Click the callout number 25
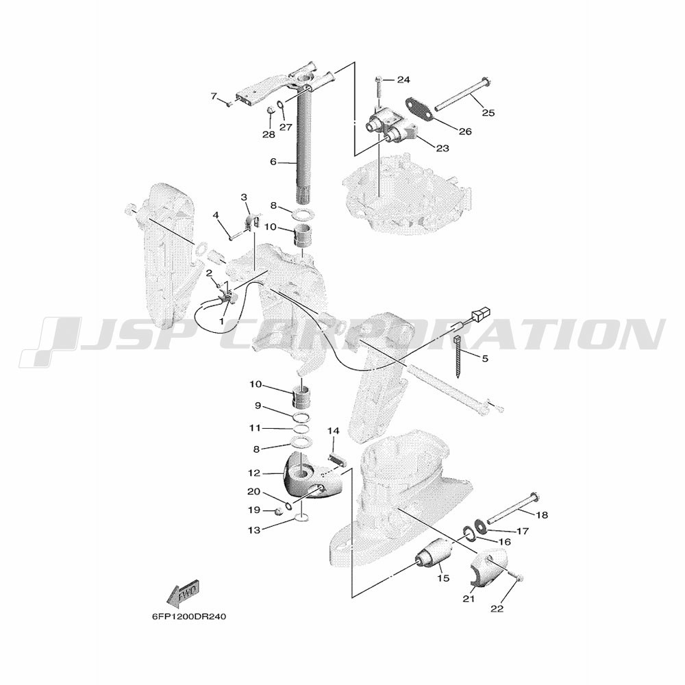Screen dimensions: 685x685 click(488, 113)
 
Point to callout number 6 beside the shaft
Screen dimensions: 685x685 click(273, 162)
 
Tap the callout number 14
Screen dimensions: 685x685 click(334, 431)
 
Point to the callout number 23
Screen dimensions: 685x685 click(443, 149)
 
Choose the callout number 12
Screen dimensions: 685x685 click(254, 473)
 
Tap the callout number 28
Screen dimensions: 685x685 click(269, 134)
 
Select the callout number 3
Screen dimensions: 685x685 click(245, 197)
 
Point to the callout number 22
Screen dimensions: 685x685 click(497, 608)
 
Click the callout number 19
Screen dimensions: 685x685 click(254, 510)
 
